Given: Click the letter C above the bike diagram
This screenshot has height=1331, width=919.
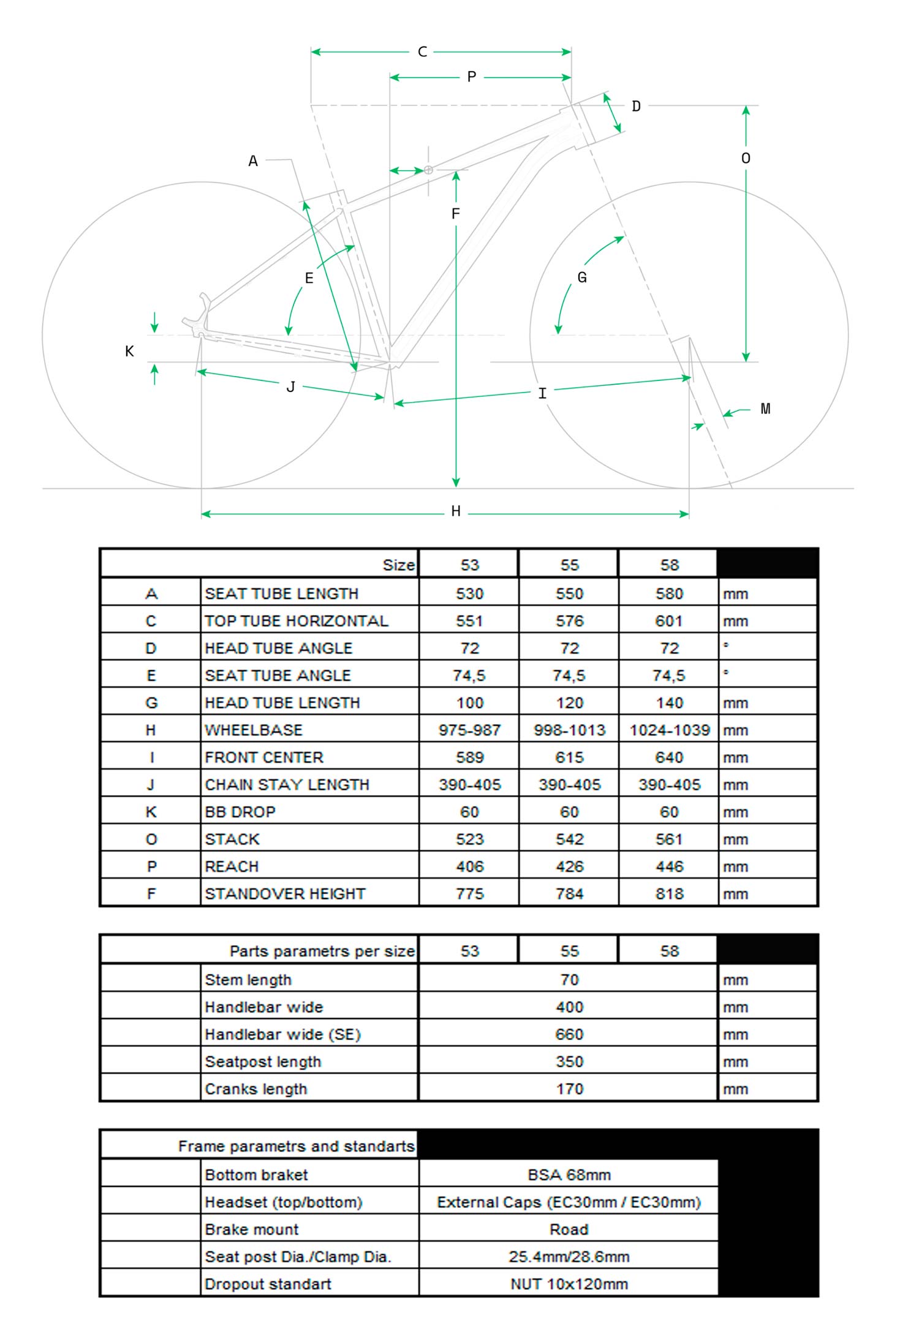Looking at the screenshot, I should (x=422, y=52).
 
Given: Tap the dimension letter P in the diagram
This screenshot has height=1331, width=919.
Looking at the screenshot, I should (x=471, y=77).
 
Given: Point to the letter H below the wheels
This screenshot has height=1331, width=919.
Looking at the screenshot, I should (x=456, y=511).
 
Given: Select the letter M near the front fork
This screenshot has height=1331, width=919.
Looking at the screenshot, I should (x=765, y=409).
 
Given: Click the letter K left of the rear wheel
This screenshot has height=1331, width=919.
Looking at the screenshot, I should (x=129, y=351).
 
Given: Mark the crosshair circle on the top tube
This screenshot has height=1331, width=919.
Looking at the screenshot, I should (x=428, y=170).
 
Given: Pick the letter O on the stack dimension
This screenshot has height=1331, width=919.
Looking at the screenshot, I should (x=746, y=159).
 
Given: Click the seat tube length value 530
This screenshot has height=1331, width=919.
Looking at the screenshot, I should (x=469, y=594).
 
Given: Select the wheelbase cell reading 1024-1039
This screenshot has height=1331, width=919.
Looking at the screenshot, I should (x=669, y=730).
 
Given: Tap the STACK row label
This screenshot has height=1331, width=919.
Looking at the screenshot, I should (x=232, y=839).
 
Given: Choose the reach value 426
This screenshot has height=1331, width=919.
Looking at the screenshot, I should (x=569, y=867).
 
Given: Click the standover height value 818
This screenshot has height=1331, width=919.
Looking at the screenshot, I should (x=669, y=894).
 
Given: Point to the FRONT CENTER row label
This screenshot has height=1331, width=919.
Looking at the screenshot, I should (x=264, y=758).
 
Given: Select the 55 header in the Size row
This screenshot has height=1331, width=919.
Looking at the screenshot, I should (x=569, y=565).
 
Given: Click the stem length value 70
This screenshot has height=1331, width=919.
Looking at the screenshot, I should (x=569, y=980).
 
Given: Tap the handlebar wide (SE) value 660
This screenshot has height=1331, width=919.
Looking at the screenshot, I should (x=569, y=1035).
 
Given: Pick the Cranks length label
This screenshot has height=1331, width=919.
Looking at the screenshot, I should (x=256, y=1089).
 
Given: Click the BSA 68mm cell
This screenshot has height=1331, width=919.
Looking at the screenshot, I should (x=569, y=1175).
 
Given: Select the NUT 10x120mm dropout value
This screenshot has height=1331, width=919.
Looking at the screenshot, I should (x=569, y=1284).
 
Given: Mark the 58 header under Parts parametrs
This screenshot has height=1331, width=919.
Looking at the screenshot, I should (x=669, y=951).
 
